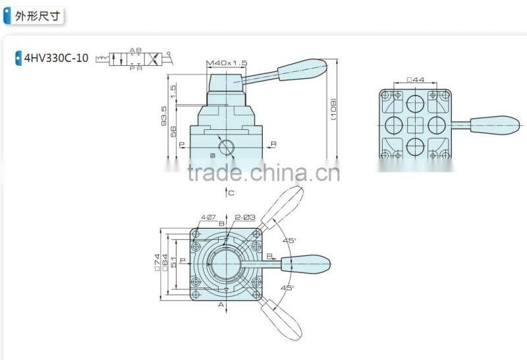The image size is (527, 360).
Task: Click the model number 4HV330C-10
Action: pyautogui.click(x=56, y=58)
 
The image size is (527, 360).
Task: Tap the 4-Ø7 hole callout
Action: pyautogui.click(x=209, y=217)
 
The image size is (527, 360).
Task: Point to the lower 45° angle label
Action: pyautogui.click(x=287, y=288)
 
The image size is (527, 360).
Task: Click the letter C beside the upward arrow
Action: pyautogui.click(x=231, y=193)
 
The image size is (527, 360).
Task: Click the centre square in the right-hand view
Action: pyautogui.click(x=415, y=124)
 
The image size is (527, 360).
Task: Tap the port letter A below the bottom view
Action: pyautogui.click(x=221, y=305)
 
